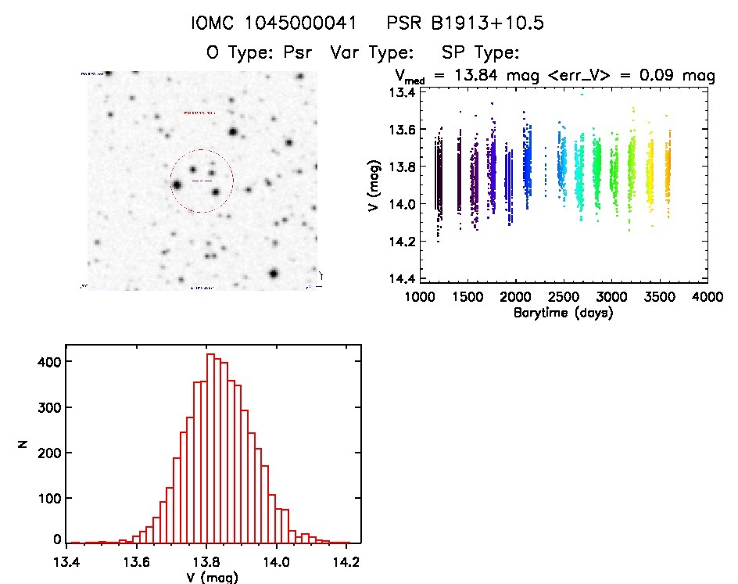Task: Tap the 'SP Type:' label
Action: click(481, 53)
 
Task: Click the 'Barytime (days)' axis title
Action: click(563, 313)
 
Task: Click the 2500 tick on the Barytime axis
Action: click(563, 298)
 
